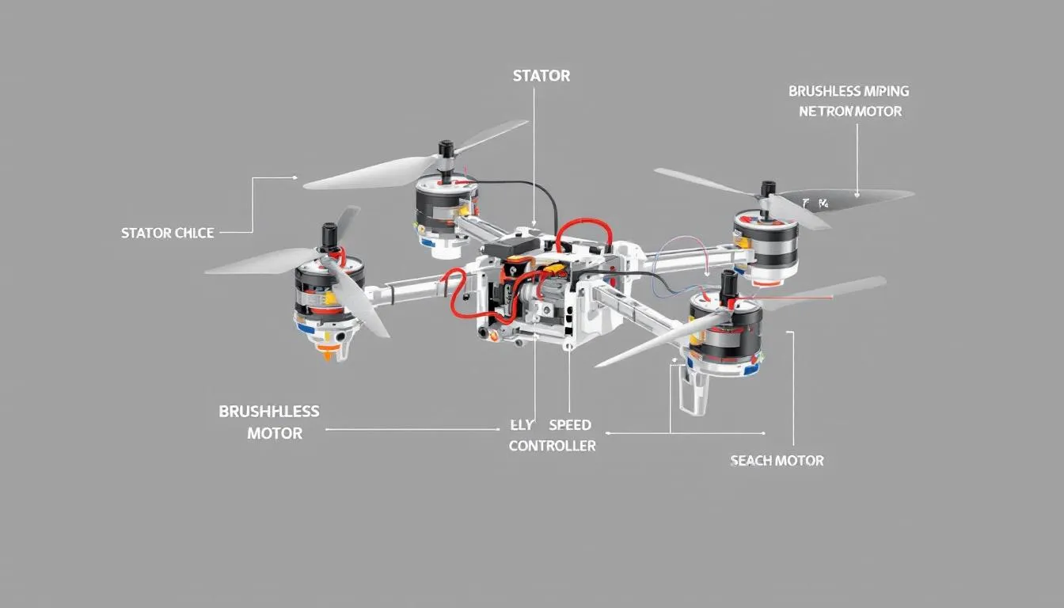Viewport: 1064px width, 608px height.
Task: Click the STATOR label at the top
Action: tap(541, 76)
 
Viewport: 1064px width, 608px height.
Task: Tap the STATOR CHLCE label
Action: tap(167, 233)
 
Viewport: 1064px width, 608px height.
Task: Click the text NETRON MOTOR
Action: tap(849, 112)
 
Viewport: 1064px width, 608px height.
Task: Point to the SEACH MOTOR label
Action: tap(777, 460)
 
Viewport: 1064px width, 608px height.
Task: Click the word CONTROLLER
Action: tap(552, 446)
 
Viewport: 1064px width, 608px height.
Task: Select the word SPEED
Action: tap(570, 425)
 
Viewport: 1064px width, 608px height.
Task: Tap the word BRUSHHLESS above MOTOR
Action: tap(268, 412)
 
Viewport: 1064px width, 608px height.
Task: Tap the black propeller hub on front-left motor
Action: tap(328, 234)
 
